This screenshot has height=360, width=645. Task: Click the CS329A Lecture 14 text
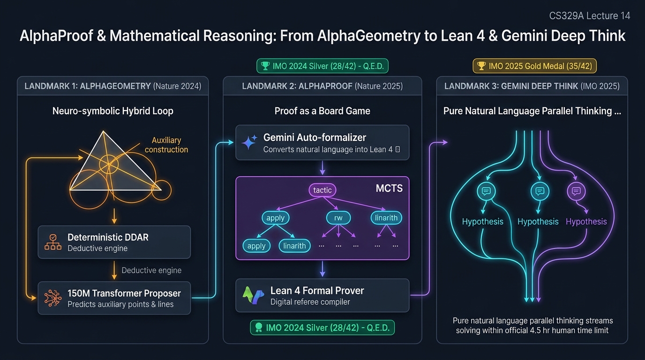tap(589, 15)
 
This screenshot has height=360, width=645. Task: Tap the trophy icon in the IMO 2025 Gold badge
tap(481, 66)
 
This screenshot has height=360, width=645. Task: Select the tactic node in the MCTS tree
tap(322, 190)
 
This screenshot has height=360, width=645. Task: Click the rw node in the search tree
tap(338, 217)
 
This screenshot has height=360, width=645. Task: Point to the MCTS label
tap(389, 188)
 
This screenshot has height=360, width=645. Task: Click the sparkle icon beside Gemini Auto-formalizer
tap(249, 142)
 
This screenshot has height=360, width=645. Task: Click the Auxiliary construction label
tap(166, 145)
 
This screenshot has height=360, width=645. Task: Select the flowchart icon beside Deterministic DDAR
tap(53, 242)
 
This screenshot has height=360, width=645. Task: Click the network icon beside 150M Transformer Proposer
tap(53, 298)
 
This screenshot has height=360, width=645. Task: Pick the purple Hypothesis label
tap(586, 221)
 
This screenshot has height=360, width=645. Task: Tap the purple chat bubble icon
tap(576, 191)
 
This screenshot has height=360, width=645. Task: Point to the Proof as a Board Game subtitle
tap(322, 111)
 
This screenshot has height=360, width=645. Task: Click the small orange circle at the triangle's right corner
tap(161, 190)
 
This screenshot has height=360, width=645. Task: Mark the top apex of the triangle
tap(104, 131)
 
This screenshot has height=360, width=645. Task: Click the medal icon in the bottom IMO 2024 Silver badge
tap(259, 328)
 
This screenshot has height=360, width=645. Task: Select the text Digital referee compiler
tap(310, 302)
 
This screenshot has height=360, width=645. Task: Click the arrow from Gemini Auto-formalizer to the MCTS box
tap(322, 168)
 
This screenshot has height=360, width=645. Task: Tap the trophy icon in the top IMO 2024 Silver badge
tap(265, 66)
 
